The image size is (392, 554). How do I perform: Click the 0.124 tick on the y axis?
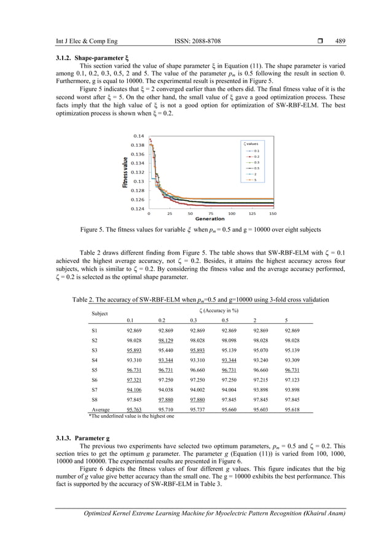click(138, 209)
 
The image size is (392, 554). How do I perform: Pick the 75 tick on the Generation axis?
click(211, 214)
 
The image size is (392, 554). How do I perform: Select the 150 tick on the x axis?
click(273, 214)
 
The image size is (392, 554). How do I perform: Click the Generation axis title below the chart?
click(210, 219)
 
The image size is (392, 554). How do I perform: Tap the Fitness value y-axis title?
click(124, 173)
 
